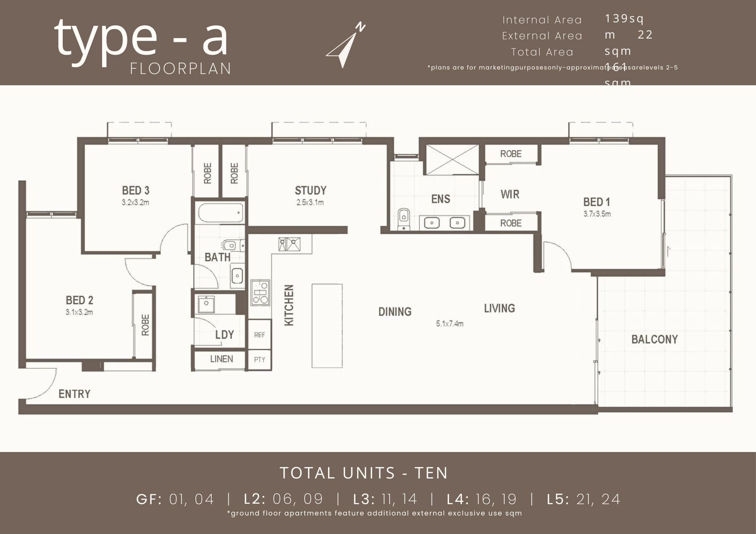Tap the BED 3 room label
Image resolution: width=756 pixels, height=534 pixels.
pos(136,190)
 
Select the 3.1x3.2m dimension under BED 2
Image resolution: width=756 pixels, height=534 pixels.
pos(79,312)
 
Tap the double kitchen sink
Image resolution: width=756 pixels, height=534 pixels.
pos(290,244)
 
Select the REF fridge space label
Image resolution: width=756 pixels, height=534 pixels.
pos(260,335)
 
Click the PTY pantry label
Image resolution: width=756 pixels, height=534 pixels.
pos(260,360)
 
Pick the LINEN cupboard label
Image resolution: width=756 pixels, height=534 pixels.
pos(222,359)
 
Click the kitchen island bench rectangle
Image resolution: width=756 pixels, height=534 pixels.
pos(327,326)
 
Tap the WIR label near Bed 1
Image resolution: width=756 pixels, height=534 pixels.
pos(510,194)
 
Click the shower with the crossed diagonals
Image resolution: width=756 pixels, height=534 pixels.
pos(452,160)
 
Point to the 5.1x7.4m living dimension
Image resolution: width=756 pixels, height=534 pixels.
pos(449,324)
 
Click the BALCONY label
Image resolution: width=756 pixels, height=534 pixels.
pos(654,339)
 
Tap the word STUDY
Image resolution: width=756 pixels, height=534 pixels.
pos(310,190)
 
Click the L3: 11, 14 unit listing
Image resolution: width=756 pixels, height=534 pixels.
pos(385,499)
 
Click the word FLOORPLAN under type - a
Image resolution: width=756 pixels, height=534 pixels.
pos(181,69)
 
